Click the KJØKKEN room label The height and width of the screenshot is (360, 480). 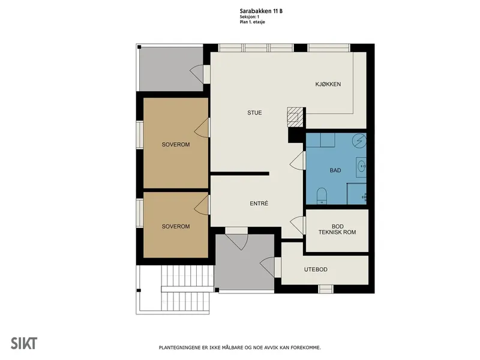pos(328,84)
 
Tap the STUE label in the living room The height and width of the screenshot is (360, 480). pos(254,113)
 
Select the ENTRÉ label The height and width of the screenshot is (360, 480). pos(259,203)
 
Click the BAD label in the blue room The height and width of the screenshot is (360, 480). pos(335,170)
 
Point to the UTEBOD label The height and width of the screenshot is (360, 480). pos(316,269)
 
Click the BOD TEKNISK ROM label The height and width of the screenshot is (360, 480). pos(337,229)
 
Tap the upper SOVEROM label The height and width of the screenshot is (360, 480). pos(176,144)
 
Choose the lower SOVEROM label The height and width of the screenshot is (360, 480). pos(176,226)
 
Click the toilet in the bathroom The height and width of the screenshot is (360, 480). pos(322,196)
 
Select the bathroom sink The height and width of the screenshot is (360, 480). pos(362,167)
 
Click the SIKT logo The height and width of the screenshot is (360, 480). pos(24,343)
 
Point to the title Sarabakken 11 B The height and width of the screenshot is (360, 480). pos(261,11)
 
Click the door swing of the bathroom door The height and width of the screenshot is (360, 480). pos(297,160)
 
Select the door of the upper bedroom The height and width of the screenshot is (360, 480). pos(202,128)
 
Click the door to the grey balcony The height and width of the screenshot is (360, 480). pos(197,74)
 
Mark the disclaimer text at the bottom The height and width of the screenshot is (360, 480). pos(239,347)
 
